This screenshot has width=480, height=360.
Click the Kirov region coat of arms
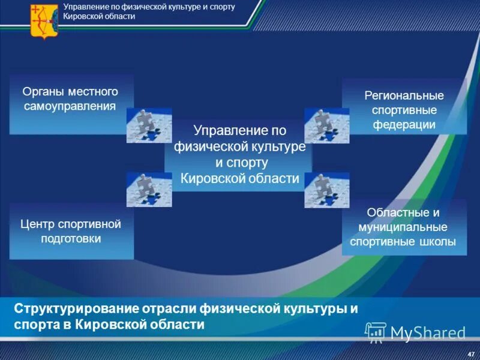[x=41, y=21]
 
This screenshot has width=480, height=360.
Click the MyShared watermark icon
[x=376, y=332]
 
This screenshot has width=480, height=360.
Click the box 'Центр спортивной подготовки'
[x=71, y=231]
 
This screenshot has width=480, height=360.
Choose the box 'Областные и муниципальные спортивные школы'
[x=404, y=227]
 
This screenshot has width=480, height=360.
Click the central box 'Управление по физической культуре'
[x=239, y=155]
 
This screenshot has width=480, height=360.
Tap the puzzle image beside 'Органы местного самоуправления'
[x=149, y=125]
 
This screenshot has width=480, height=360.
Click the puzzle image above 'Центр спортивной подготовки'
[x=149, y=189]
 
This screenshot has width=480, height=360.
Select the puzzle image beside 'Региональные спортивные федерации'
[x=326, y=125]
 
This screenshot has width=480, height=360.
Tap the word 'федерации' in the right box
[x=404, y=125]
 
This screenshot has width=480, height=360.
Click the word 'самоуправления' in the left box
[x=71, y=107]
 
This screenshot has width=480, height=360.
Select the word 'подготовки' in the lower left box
[x=71, y=238]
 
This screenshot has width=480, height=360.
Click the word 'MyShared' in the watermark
[x=428, y=332]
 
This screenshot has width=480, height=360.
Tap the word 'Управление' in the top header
[x=83, y=7]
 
